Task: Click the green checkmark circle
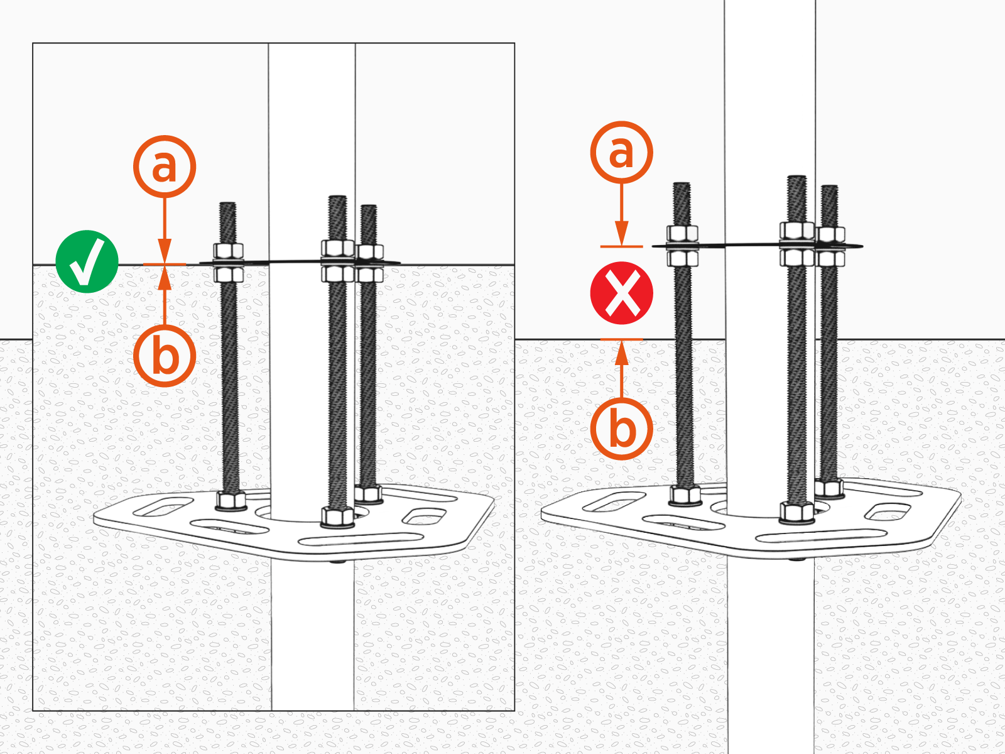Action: (x=87, y=261)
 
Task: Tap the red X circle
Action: (x=621, y=293)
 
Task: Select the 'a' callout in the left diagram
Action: (x=165, y=167)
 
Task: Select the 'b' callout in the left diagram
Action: (x=165, y=356)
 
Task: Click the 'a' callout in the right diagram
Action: (x=621, y=153)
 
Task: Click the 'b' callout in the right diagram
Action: (x=621, y=429)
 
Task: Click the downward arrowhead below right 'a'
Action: (x=621, y=234)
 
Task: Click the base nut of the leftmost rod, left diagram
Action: (x=231, y=501)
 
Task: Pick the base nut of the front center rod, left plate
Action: (x=337, y=516)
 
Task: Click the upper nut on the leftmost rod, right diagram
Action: (x=682, y=234)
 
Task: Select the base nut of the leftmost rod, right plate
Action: (x=685, y=495)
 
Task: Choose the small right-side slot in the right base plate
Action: (x=888, y=511)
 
